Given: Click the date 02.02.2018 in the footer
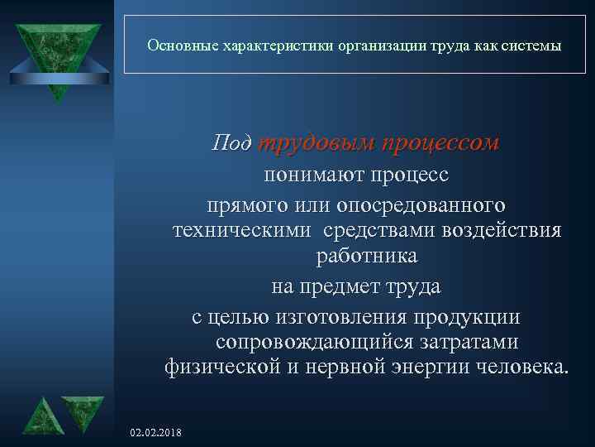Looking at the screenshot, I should tap(157, 433).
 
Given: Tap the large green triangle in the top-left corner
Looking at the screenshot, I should tap(56, 50).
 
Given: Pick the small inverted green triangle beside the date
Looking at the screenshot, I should tap(83, 411).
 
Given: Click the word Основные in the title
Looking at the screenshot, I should tap(181, 46).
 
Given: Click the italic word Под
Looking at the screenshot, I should tap(232, 143).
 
